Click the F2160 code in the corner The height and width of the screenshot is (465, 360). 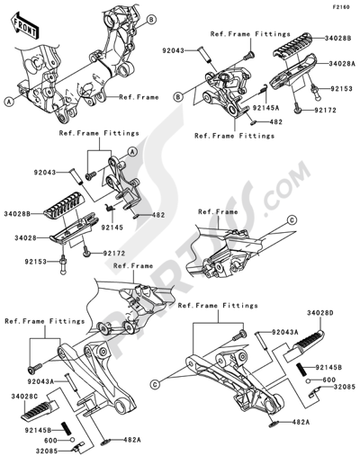point(340,7)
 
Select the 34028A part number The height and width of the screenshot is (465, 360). point(342,64)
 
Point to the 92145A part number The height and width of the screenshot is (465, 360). point(265,107)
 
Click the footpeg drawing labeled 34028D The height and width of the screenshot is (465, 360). point(304,345)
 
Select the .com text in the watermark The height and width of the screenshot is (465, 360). point(285,188)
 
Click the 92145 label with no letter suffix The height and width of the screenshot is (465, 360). point(112,228)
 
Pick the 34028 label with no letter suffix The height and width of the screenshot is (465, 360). point(25,238)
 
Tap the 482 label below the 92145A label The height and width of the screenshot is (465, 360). point(276,122)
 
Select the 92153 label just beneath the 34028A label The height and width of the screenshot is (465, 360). point(341,89)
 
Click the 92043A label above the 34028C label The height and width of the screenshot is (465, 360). point(40,381)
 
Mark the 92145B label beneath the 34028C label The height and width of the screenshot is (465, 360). point(38,430)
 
